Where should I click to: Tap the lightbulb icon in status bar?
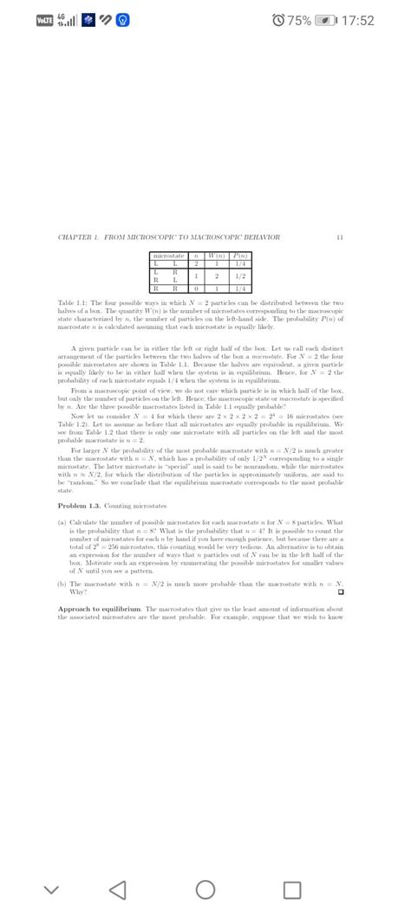pyautogui.click(x=124, y=19)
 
